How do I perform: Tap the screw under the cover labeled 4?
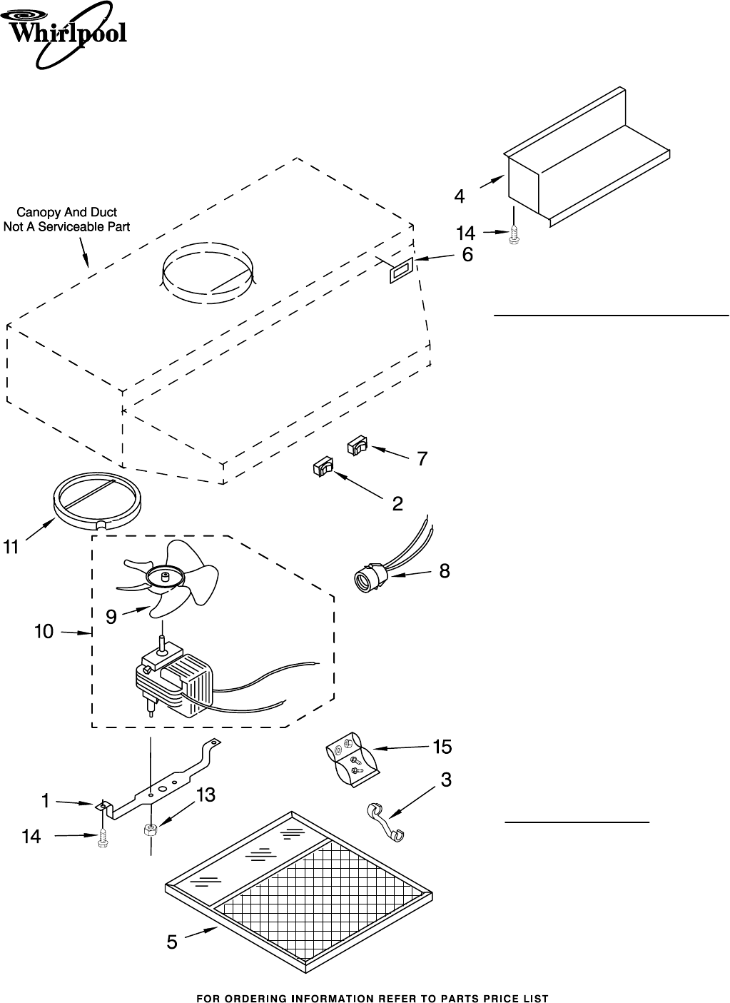point(513,235)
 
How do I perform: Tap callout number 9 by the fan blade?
point(111,617)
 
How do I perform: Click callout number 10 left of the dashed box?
point(44,631)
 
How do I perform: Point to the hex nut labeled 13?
point(151,830)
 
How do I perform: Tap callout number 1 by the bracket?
point(45,801)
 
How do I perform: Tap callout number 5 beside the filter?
point(172,942)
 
